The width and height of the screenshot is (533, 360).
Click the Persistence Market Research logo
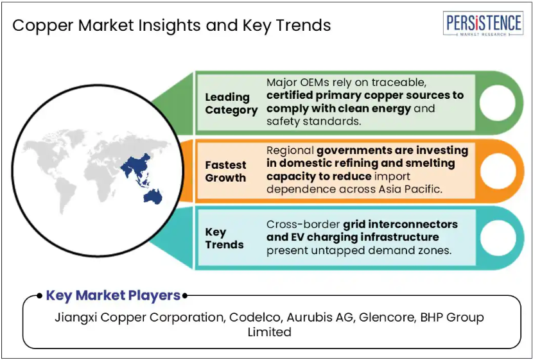[x=483, y=24]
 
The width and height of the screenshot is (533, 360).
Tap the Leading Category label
[x=231, y=103]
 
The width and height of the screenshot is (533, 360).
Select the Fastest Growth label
[x=225, y=171]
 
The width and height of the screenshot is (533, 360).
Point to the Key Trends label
[x=224, y=238]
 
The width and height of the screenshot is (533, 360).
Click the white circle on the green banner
[x=497, y=103]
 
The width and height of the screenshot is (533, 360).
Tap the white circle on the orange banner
[x=497, y=171]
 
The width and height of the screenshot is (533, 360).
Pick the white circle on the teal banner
[x=497, y=237]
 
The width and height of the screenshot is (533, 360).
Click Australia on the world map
[x=153, y=196]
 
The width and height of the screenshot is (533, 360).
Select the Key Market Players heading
[x=113, y=295]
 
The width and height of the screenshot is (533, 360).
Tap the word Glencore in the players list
[x=387, y=317]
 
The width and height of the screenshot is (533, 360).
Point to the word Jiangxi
[x=76, y=318]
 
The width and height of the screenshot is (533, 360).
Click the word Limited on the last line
[x=269, y=332]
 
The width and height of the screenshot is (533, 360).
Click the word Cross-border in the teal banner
[x=303, y=224]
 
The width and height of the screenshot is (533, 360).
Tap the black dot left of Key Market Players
[x=39, y=296]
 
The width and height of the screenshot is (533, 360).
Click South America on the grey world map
[x=65, y=195]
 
